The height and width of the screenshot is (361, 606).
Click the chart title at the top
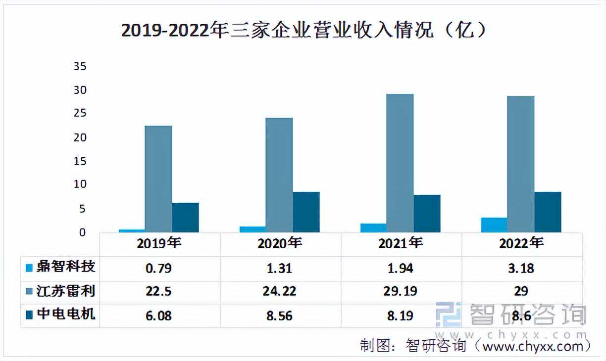coord(303,31)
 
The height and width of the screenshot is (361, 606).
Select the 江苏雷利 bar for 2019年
coord(158,179)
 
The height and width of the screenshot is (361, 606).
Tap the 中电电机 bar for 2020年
coord(306,212)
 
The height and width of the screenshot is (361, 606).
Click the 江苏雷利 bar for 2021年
coord(400,163)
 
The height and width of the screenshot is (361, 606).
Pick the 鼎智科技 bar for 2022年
coord(494,225)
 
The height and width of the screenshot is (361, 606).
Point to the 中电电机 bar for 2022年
coord(548,212)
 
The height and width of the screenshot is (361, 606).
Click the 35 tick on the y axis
coord(80,66)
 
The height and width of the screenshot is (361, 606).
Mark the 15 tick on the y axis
coord(80,161)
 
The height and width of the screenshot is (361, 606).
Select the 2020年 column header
coord(280,243)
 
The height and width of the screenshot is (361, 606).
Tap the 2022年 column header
coord(521,243)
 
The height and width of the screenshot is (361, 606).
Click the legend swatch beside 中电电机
coord(29,315)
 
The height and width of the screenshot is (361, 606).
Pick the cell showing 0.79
coord(159,268)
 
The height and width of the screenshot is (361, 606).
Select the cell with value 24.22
coord(280,291)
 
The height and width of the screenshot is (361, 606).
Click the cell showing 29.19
coord(401,291)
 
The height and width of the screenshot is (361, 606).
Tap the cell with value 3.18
coord(521,268)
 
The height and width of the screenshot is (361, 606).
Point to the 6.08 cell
coord(159,315)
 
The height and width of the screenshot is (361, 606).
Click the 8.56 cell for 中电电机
coord(280,315)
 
